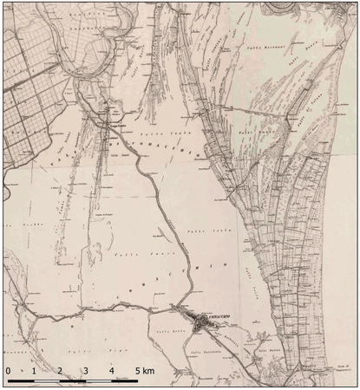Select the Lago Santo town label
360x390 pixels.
[106, 124]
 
